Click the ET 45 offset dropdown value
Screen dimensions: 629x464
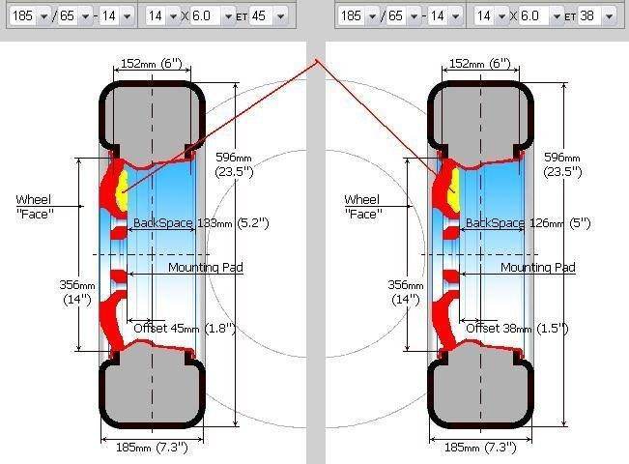point(268,16)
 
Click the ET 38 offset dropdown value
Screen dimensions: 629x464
point(596,16)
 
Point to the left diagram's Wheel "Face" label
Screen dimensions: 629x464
point(34,207)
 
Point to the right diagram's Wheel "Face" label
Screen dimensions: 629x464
point(362,207)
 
